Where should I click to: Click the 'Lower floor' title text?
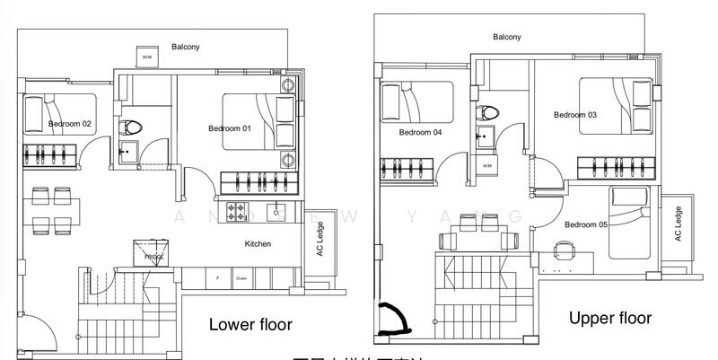coord(250,324)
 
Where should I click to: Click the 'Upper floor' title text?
coord(609,318)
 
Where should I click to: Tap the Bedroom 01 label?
coord(229,128)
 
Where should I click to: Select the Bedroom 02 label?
coord(69,124)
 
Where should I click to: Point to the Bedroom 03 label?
coord(574,115)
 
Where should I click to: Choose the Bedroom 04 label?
coord(420,132)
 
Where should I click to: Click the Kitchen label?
coord(258,243)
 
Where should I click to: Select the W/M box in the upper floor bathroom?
coord(487,166)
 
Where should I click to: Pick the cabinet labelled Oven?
coord(241,278)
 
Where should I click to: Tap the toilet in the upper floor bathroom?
coord(488,113)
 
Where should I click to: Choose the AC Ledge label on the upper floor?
coord(678,224)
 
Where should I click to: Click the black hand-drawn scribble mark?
coord(392,318)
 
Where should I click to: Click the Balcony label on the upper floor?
coord(506,37)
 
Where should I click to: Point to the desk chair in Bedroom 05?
coord(564,249)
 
